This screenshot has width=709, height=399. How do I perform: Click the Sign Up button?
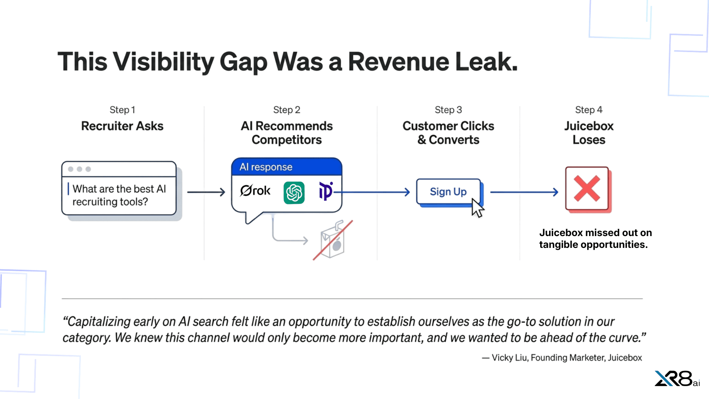(x=448, y=192)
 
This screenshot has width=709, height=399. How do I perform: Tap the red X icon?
(x=587, y=189)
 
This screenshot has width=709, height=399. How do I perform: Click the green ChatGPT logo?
(x=294, y=192)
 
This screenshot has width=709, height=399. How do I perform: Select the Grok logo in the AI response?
(x=255, y=191)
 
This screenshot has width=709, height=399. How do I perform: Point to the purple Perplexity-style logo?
(x=325, y=191)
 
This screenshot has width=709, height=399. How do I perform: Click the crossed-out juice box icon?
(x=333, y=241)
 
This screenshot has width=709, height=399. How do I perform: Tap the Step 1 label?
(x=122, y=110)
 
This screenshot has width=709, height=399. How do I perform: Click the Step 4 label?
(x=589, y=110)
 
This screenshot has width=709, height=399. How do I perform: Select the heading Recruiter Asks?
(x=122, y=126)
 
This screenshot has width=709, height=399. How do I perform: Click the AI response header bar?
(x=287, y=167)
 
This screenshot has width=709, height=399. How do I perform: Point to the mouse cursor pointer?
(x=477, y=209)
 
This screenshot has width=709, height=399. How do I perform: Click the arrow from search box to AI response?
(x=206, y=192)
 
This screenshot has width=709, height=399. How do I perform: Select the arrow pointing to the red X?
(x=524, y=192)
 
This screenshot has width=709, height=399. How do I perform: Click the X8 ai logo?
(x=677, y=379)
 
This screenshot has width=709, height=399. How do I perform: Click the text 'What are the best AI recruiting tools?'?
(x=119, y=195)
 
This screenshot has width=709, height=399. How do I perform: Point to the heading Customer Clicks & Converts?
(x=448, y=133)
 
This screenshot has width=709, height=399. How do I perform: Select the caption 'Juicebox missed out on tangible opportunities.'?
(x=595, y=239)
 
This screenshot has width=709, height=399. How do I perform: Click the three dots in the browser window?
(x=79, y=169)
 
